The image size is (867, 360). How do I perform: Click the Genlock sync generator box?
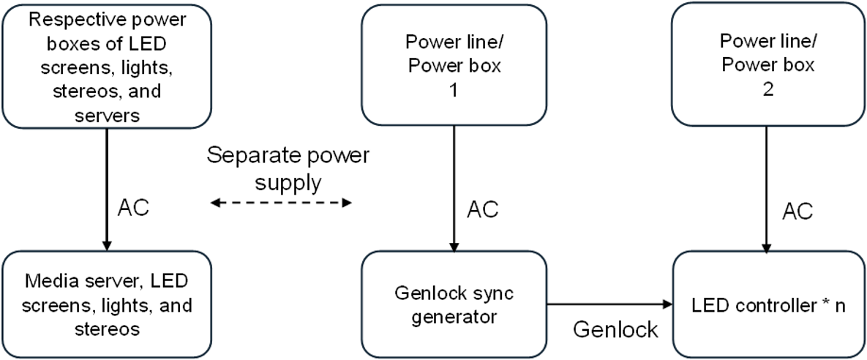(454, 304)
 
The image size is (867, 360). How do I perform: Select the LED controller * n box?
(769, 304)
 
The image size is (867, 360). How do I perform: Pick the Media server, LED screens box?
(107, 304)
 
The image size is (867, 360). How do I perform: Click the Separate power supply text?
(288, 168)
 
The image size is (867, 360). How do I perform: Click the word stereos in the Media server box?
(107, 329)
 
